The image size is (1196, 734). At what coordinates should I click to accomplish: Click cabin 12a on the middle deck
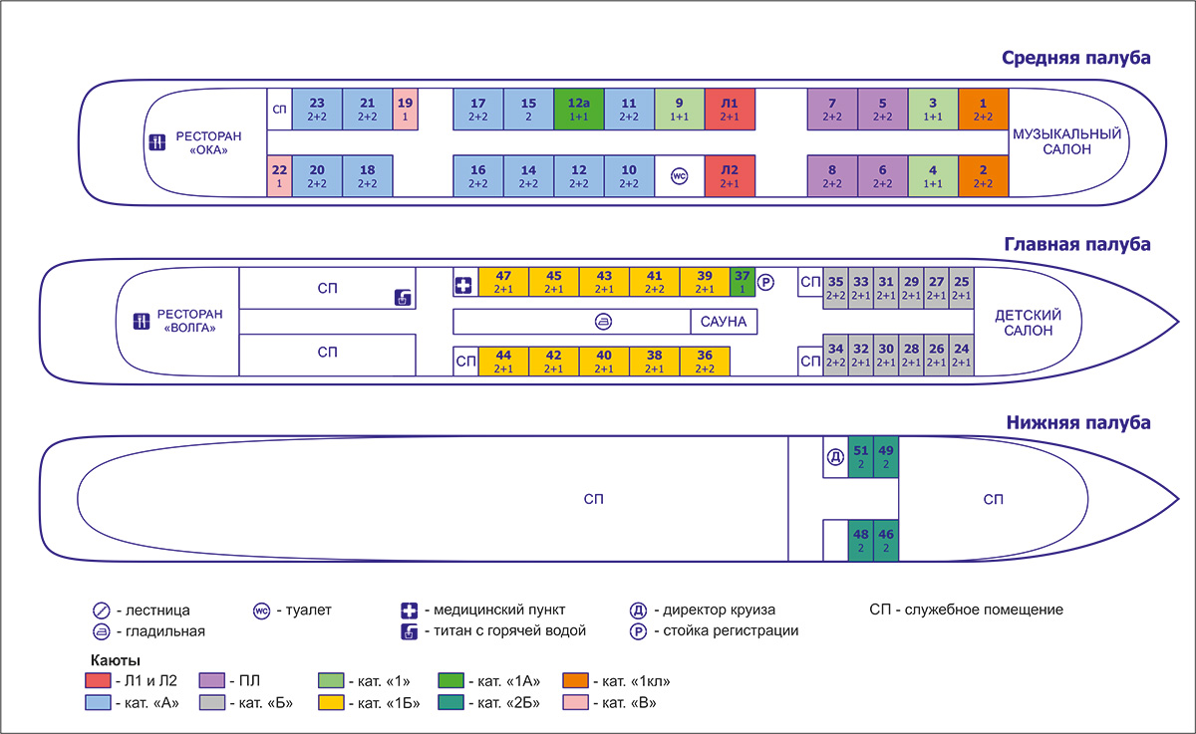(579, 109)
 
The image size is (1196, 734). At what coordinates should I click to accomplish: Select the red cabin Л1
(730, 109)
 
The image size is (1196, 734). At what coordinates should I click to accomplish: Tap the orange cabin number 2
(983, 176)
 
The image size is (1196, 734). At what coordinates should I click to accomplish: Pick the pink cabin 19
(405, 109)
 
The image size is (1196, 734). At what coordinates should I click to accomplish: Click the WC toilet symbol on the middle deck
(679, 176)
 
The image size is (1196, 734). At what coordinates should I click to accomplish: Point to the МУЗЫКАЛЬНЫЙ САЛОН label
(1066, 141)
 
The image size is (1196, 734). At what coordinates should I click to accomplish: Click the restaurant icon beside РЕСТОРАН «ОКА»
(156, 142)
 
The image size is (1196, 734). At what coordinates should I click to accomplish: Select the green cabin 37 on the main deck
(743, 282)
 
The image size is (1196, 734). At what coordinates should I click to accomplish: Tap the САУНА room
(724, 322)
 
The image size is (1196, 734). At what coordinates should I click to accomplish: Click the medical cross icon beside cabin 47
(464, 282)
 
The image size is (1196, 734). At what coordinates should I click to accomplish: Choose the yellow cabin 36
(705, 362)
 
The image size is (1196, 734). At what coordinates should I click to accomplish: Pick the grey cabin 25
(961, 288)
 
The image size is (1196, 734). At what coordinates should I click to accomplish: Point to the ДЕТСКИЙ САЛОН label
(1028, 323)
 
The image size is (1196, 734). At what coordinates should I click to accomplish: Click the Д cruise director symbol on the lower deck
(835, 457)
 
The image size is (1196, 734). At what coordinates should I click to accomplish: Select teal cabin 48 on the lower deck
(860, 541)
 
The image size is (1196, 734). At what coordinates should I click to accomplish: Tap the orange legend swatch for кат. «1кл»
(575, 682)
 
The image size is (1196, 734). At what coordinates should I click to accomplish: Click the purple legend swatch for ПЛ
(212, 682)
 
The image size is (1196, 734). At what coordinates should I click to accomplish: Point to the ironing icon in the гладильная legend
(100, 631)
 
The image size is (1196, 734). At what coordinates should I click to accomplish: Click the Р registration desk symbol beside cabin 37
(765, 282)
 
